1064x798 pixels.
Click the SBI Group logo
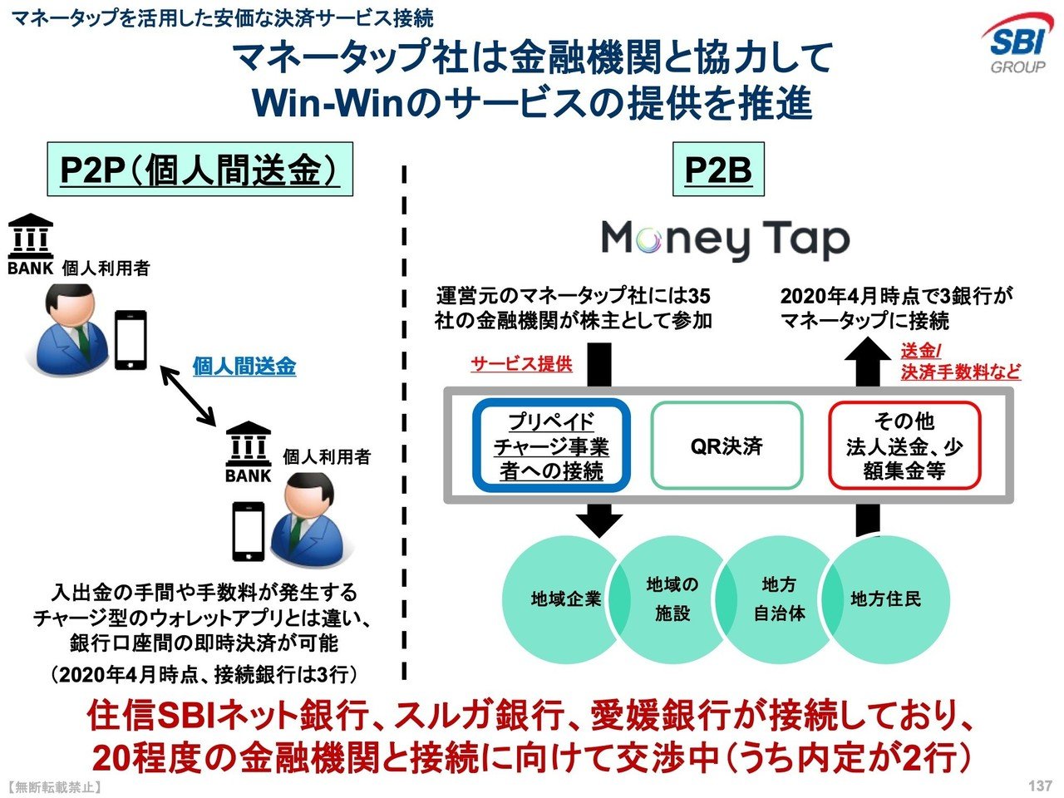click(x=1015, y=46)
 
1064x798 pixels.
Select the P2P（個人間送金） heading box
click(x=199, y=170)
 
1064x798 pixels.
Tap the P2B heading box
click(x=718, y=170)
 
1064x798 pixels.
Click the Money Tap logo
click(x=725, y=240)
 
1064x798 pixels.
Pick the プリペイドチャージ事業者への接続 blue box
click(x=552, y=446)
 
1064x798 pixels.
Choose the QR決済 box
click(x=727, y=446)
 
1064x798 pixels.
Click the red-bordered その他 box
click(x=904, y=446)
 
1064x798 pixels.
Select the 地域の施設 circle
click(x=672, y=598)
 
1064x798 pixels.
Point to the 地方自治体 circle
click(x=779, y=598)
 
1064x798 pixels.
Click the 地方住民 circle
click(x=888, y=598)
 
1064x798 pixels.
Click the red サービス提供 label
click(x=521, y=364)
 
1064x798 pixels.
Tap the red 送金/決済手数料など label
click(x=960, y=362)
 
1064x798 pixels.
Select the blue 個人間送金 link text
click(x=244, y=367)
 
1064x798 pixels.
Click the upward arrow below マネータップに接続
click(x=868, y=363)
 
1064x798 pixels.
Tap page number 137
click(x=1040, y=786)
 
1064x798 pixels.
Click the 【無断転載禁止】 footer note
click(x=52, y=786)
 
